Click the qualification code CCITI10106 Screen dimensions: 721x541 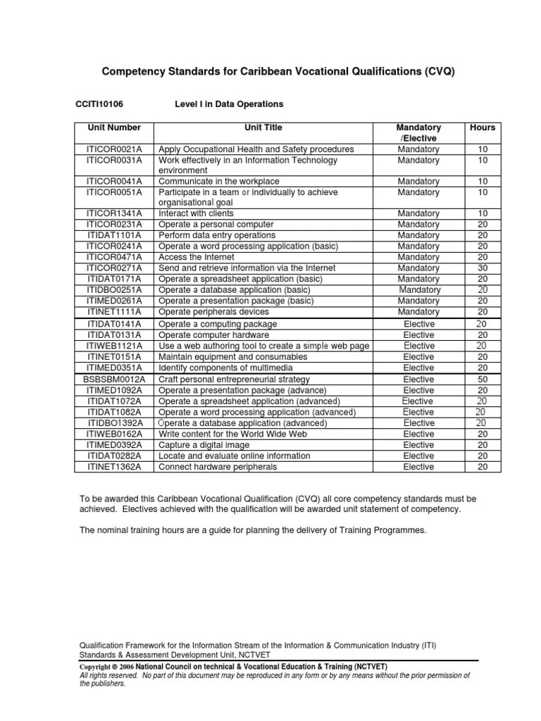99,104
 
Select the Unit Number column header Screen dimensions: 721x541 114,128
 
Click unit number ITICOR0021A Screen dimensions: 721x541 114,149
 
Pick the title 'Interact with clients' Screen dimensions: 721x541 197,213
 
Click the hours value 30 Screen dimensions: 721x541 482,268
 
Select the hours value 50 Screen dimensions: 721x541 482,380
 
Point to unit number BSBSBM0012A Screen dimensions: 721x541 114,380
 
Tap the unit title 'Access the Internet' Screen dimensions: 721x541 196,257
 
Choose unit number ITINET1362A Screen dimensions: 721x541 114,467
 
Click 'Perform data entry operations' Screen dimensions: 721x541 217,235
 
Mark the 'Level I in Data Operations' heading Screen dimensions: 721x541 228,104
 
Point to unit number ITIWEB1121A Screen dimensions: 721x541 114,346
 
